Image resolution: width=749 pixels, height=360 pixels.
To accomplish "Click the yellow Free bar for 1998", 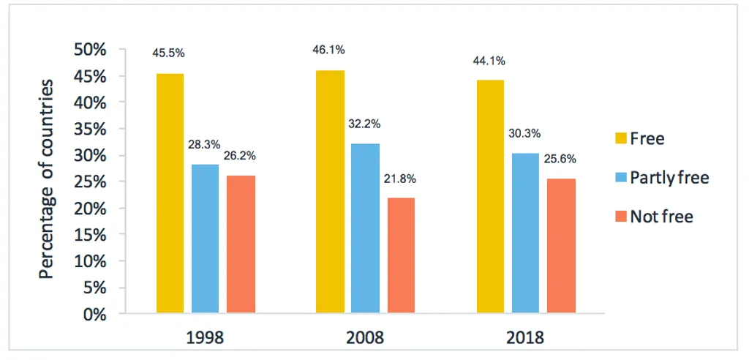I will (x=170, y=194).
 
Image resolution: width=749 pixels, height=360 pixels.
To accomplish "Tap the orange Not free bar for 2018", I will (x=560, y=247).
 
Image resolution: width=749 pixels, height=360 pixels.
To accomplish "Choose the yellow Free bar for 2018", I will (x=490, y=198).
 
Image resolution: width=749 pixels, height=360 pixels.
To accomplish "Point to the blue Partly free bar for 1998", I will (x=205, y=239).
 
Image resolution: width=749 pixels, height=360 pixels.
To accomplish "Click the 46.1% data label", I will (x=329, y=50).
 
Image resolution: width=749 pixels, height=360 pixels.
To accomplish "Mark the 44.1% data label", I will (x=490, y=61).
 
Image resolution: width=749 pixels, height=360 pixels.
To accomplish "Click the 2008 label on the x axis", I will (x=364, y=338).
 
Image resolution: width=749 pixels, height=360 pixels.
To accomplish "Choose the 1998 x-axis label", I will (x=206, y=338).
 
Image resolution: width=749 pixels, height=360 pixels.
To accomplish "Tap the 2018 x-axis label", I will (x=524, y=338).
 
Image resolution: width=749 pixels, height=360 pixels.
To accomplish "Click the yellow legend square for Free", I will (x=621, y=138).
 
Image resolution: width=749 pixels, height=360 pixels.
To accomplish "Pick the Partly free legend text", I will (x=670, y=177).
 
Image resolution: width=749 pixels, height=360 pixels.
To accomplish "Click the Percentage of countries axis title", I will (x=47, y=179).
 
